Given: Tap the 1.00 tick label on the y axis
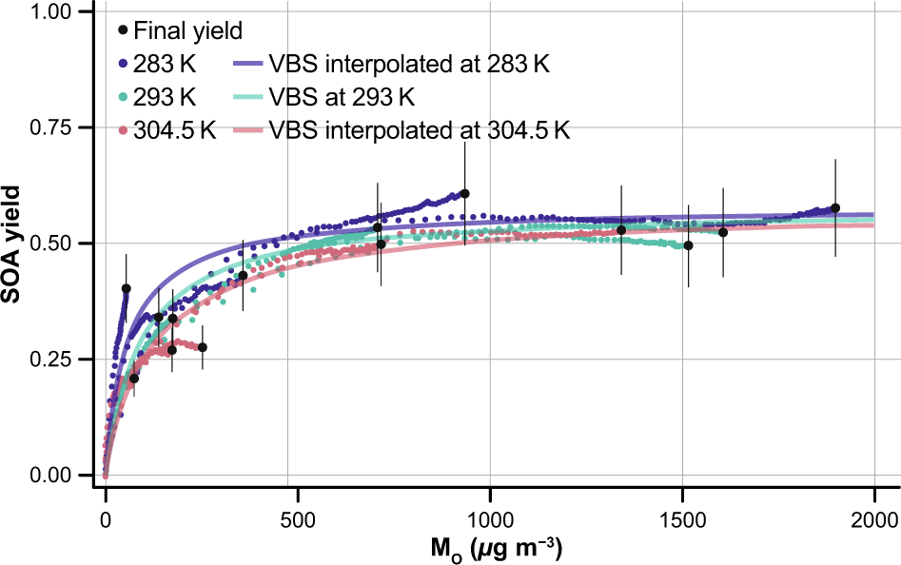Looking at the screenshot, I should (53, 12).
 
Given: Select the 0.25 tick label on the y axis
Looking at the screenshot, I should (53, 359).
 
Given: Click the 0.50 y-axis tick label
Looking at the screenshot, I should (53, 244).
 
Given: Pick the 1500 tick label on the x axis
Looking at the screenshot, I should (681, 518).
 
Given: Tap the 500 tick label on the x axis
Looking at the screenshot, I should (298, 518).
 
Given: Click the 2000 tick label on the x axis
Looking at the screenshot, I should (873, 518).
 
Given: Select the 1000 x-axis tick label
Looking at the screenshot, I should (489, 518).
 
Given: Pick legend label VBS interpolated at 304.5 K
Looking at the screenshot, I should (420, 130).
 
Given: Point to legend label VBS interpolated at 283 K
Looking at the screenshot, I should (409, 65).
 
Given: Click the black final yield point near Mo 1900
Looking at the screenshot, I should (835, 207).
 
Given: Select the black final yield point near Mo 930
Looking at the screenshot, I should (464, 194).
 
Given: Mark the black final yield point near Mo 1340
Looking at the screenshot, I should (621, 230).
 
